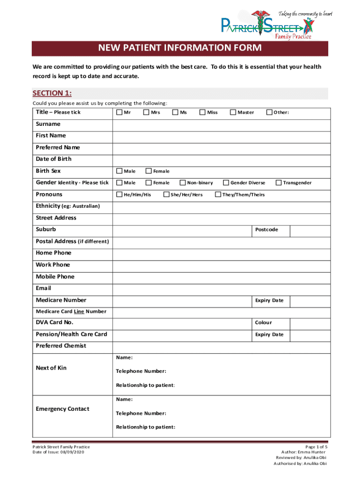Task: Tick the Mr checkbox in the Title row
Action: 119,112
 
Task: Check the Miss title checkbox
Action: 202,112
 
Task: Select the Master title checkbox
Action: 233,112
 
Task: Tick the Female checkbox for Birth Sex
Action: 149,171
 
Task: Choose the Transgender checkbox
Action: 279,183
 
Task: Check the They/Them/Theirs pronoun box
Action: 217,195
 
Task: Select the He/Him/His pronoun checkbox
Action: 119,195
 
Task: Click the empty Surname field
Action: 221,124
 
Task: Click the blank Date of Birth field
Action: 221,160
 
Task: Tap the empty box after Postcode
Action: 310,230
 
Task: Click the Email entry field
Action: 221,289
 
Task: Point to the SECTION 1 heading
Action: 52,93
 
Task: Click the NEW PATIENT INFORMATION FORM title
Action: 180,48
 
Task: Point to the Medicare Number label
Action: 61,300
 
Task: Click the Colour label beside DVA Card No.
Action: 263,323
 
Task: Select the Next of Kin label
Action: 51,368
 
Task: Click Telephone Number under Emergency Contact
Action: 141,414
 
